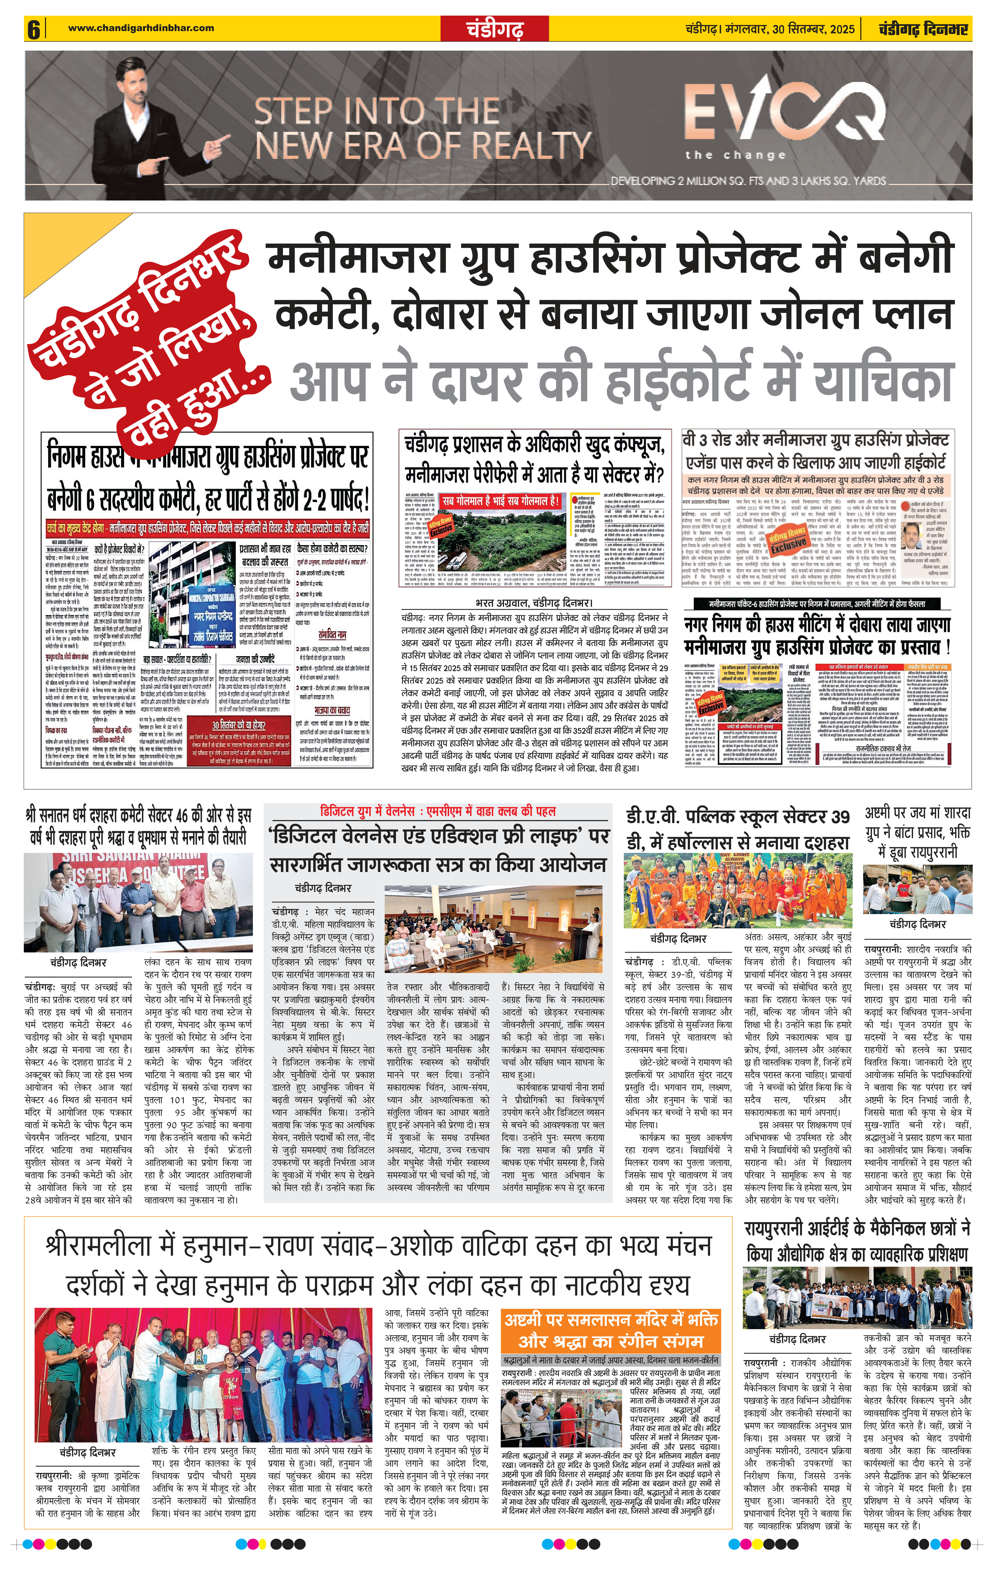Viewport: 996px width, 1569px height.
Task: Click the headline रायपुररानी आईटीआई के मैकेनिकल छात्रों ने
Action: coord(857,1241)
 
